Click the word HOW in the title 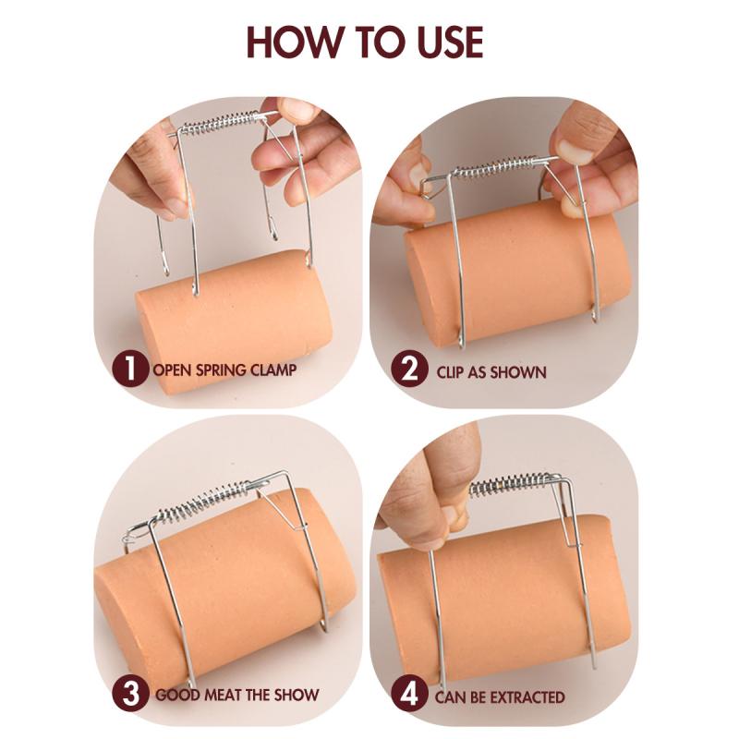[x=293, y=42]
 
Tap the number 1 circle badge [x=129, y=369]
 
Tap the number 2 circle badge [x=409, y=369]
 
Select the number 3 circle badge [x=129, y=695]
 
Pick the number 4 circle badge [x=409, y=695]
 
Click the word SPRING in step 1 [x=221, y=370]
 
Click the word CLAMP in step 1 [x=273, y=370]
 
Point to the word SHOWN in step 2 [x=518, y=372]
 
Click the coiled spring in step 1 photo [x=221, y=123]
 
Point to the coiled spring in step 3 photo [x=203, y=503]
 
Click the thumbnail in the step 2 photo [x=575, y=151]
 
